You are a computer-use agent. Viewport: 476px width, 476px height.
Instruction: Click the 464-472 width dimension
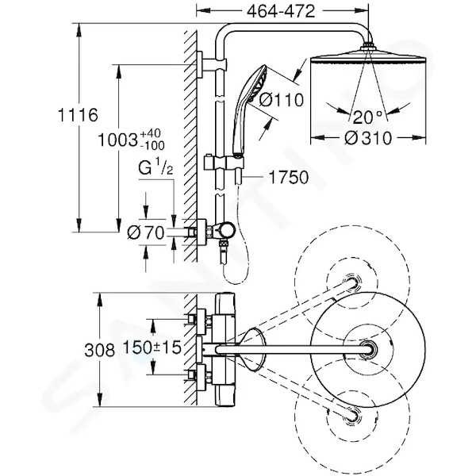click(x=281, y=12)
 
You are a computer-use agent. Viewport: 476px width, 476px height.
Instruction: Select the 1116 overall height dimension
click(x=78, y=115)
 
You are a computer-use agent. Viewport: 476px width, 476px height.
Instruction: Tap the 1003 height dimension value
click(x=117, y=140)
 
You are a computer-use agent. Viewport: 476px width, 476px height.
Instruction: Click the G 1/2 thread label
click(x=155, y=167)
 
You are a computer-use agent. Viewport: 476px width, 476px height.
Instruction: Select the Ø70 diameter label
click(x=146, y=233)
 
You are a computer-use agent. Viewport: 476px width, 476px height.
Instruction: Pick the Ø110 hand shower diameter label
click(x=281, y=100)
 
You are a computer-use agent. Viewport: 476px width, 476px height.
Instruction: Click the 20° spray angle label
click(x=367, y=117)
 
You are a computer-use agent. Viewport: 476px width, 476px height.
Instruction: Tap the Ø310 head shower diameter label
click(x=368, y=138)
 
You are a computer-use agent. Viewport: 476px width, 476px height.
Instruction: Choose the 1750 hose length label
click(x=289, y=177)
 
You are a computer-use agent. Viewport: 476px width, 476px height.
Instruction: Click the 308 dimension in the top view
click(x=100, y=351)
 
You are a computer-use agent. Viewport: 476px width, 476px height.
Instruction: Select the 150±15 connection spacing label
click(x=152, y=347)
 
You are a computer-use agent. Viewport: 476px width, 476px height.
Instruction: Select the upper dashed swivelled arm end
click(x=353, y=282)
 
